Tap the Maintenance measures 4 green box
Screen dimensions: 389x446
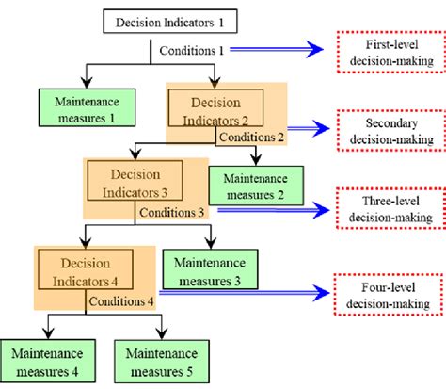[x=46, y=361]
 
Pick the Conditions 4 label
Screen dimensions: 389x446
[x=122, y=301]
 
